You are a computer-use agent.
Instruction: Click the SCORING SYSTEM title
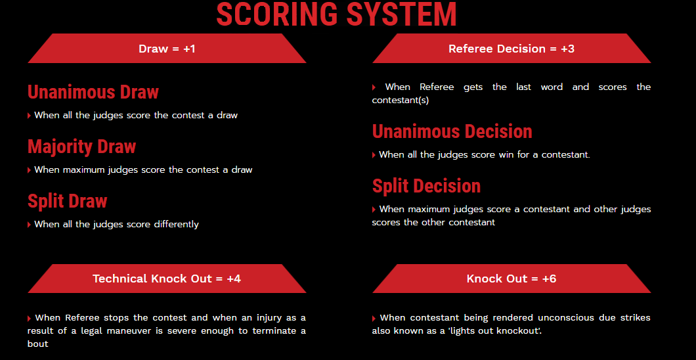click(336, 14)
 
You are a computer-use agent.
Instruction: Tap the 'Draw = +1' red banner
click(167, 49)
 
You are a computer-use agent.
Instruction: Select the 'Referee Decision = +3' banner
click(511, 49)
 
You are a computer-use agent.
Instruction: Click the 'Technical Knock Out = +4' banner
click(167, 279)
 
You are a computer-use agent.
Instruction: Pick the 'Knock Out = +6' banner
click(511, 279)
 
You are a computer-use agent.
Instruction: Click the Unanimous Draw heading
click(93, 93)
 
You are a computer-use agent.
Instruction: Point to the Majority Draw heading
click(81, 147)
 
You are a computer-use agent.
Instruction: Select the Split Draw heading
click(68, 201)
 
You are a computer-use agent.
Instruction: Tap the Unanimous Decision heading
click(452, 132)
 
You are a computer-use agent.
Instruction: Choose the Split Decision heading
click(426, 186)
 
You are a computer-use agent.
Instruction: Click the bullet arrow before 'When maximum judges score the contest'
click(30, 170)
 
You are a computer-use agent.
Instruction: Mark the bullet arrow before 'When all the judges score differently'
click(30, 225)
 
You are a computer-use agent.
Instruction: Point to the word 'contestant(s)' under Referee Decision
click(401, 101)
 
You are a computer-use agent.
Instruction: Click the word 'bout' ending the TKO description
click(37, 344)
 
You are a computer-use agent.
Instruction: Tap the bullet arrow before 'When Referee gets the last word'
click(374, 87)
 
